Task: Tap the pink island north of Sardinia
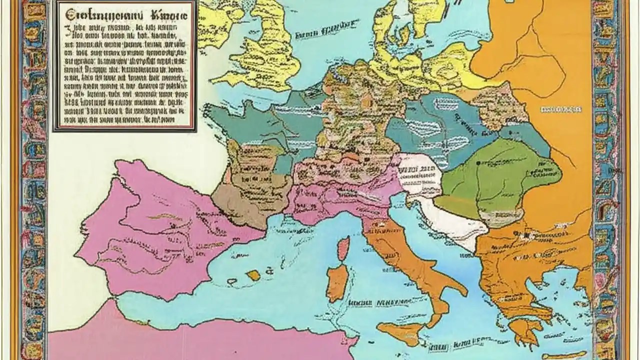343,249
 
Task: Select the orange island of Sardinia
337,282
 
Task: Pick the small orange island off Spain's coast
254,275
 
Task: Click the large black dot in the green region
479,163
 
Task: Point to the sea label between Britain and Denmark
320,35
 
